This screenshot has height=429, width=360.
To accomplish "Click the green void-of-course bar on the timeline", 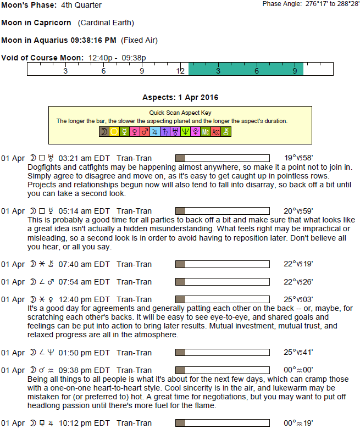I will [x=246, y=69].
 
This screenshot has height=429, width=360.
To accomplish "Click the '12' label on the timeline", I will [x=180, y=71].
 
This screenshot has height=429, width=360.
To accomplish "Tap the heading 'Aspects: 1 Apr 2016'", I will [x=180, y=97].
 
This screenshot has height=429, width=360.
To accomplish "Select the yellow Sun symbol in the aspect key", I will [x=114, y=132].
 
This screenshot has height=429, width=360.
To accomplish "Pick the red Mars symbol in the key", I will [x=145, y=132].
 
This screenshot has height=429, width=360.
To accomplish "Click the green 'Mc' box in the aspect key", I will [x=206, y=132].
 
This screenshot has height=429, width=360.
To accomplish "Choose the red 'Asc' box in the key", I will [x=216, y=132].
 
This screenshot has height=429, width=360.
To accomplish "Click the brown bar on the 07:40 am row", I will [x=180, y=264].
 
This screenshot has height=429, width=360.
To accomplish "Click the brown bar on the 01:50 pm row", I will [x=180, y=352].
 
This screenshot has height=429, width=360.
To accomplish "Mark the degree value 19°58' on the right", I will [x=298, y=158].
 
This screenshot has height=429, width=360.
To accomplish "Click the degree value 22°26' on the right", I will [x=298, y=282].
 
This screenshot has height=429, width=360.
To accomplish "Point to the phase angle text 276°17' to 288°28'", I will [x=328, y=4].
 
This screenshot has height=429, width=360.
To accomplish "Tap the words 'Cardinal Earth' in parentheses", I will [x=106, y=23].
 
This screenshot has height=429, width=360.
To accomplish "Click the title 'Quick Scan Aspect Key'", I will [x=180, y=113].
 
